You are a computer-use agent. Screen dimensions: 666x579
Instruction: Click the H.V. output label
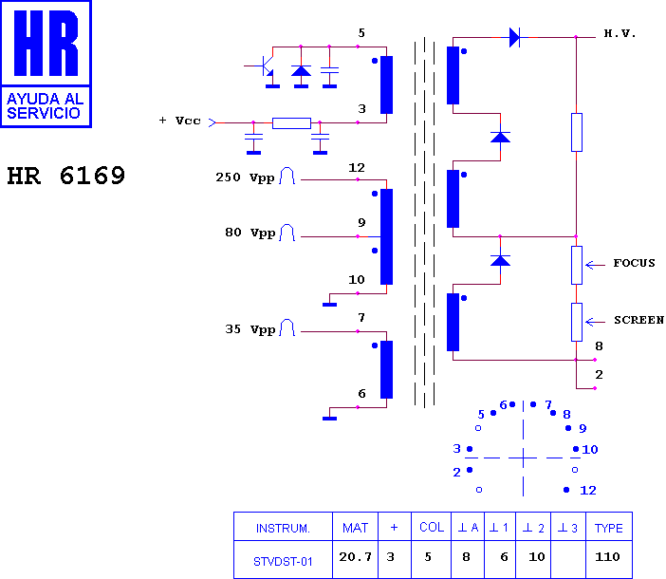[x=620, y=33]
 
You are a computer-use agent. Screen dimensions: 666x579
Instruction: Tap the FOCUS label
[x=634, y=263]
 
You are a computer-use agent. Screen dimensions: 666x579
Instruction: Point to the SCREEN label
[x=638, y=320]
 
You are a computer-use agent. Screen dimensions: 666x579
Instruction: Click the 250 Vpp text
[x=245, y=177]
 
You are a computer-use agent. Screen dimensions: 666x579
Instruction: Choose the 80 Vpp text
[x=250, y=233]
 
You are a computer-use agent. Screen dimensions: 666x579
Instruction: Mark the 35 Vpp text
[x=250, y=329]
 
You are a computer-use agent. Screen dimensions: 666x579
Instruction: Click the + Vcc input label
[x=179, y=121]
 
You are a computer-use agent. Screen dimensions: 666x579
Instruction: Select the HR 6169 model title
[x=65, y=176]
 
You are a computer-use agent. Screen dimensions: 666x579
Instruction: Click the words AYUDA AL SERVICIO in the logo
[x=44, y=105]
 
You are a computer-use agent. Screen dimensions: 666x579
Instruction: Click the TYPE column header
[x=609, y=528]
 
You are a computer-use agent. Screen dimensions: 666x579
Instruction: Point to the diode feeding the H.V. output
[x=514, y=37]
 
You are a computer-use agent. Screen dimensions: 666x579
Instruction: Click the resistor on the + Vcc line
[x=291, y=123]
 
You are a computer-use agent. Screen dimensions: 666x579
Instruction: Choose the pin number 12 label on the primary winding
[x=357, y=168]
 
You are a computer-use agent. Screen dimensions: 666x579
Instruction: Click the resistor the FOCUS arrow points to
[x=577, y=265]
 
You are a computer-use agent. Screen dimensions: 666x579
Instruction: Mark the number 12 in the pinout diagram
[x=588, y=491]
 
